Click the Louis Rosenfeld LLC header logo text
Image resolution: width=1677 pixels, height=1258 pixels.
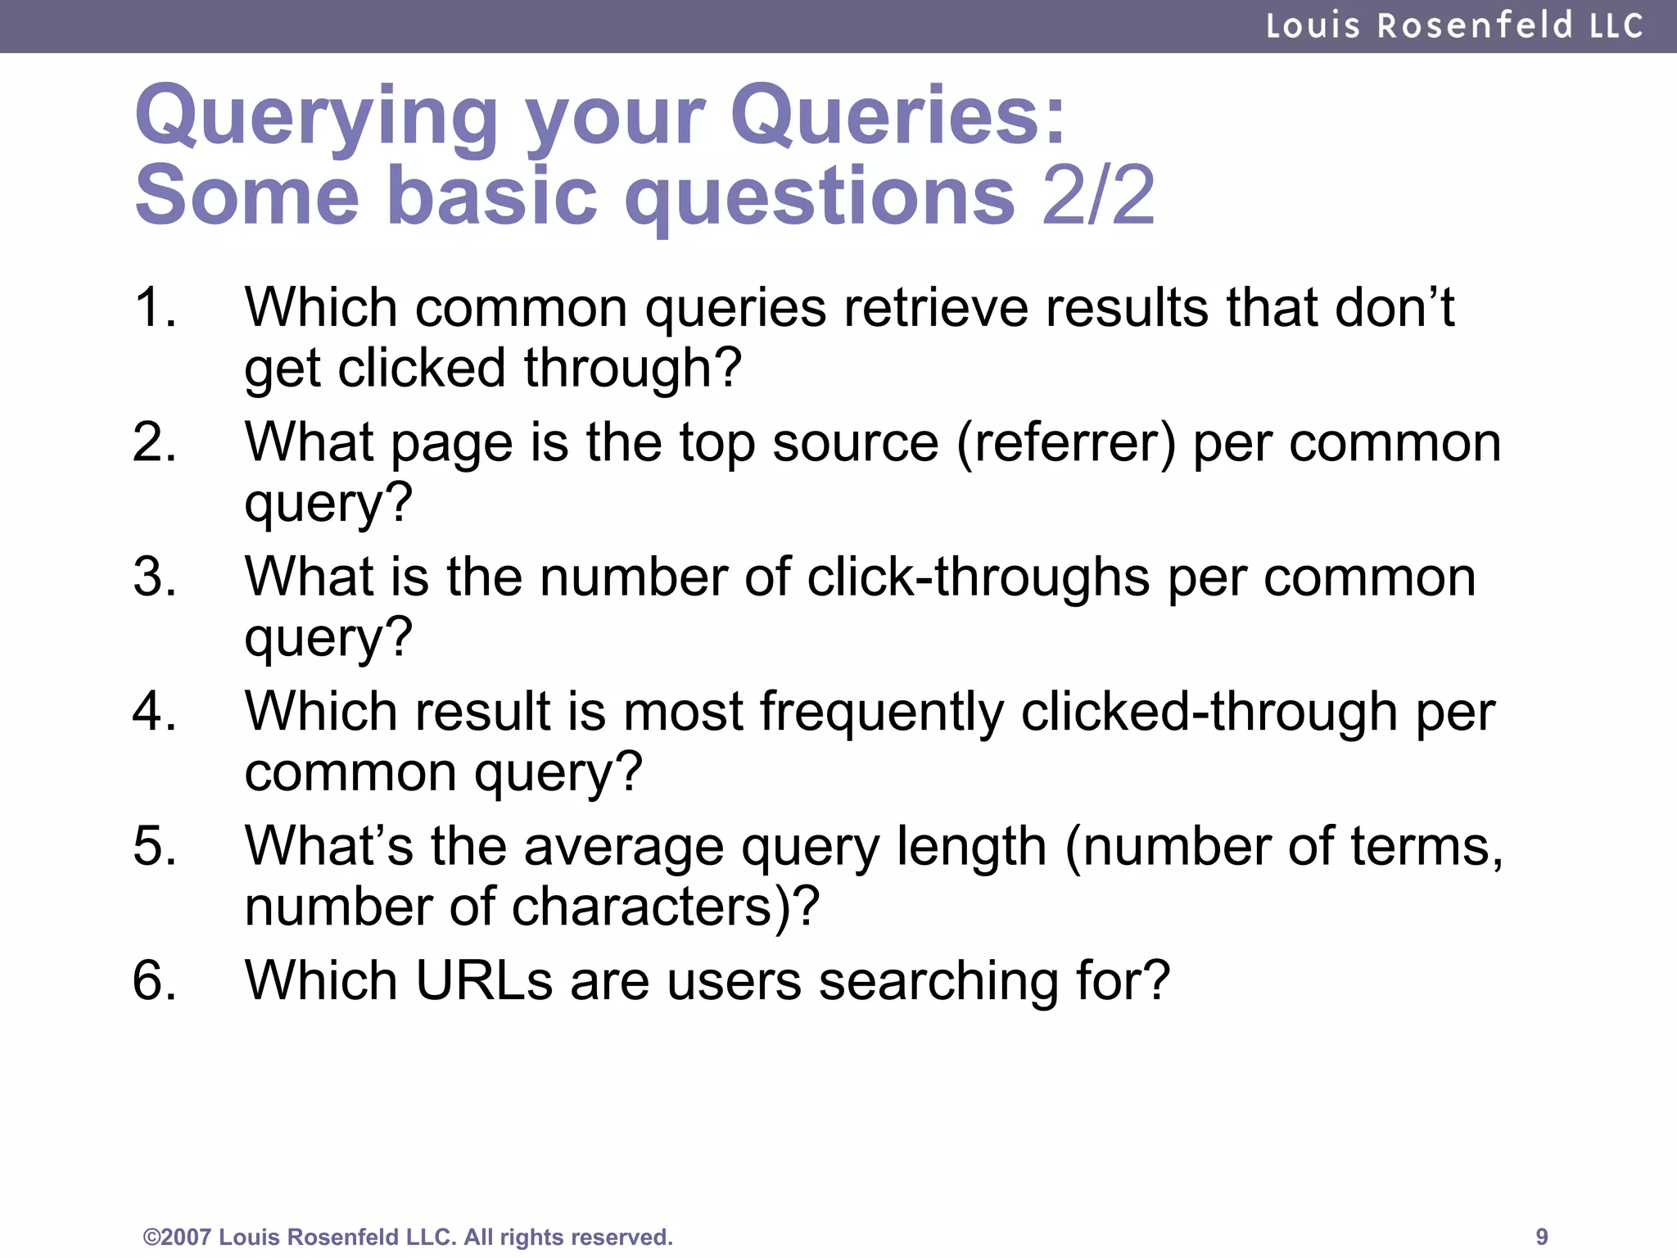click(x=1454, y=26)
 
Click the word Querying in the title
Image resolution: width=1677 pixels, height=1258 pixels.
click(x=316, y=116)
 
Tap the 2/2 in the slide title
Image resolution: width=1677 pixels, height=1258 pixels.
click(x=1098, y=196)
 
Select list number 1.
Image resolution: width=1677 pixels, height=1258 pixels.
click(x=155, y=308)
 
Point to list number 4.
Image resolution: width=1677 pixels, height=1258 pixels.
click(x=155, y=711)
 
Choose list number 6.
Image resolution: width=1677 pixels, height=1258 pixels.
click(x=155, y=980)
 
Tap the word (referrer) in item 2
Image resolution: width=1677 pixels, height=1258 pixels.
click(x=1065, y=443)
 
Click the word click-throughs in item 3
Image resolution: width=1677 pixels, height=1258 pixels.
click(x=979, y=577)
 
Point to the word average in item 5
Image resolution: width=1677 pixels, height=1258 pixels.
click(x=624, y=846)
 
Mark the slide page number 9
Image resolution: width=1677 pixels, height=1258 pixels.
click(x=1541, y=1236)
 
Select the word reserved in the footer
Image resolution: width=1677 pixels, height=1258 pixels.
click(x=623, y=1237)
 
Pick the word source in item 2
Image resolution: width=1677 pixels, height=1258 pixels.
click(x=855, y=443)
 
